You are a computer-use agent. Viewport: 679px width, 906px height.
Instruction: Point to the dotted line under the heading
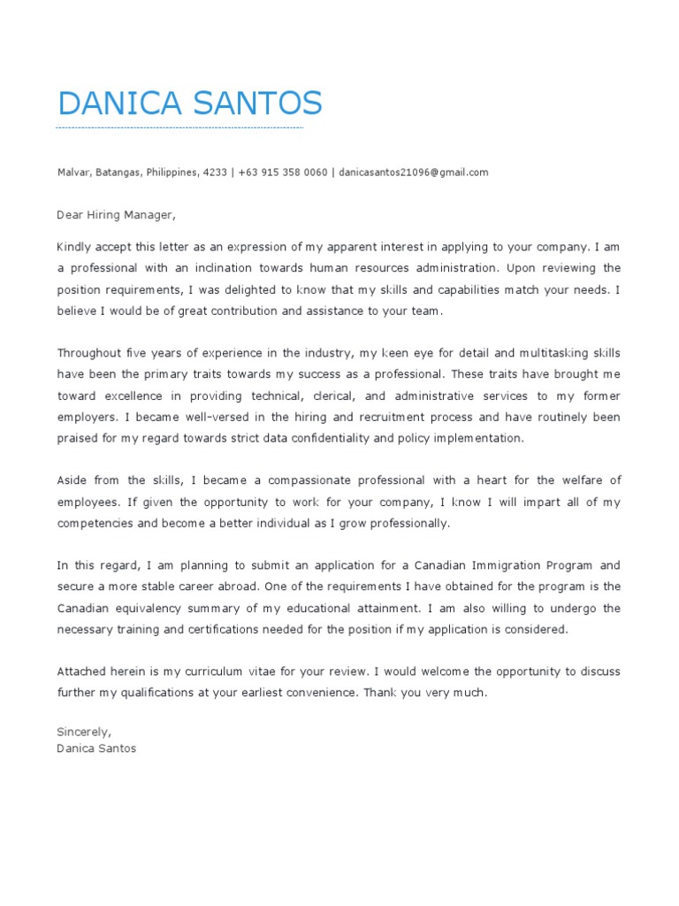click(x=179, y=128)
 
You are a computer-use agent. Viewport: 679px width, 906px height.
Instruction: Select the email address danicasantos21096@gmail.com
click(x=413, y=173)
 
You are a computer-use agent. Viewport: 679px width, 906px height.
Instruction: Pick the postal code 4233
click(x=215, y=173)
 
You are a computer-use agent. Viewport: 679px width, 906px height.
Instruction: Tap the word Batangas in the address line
click(x=118, y=173)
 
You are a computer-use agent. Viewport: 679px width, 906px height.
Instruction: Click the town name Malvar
click(x=73, y=173)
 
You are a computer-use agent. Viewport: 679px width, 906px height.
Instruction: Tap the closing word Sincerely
click(x=84, y=732)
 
